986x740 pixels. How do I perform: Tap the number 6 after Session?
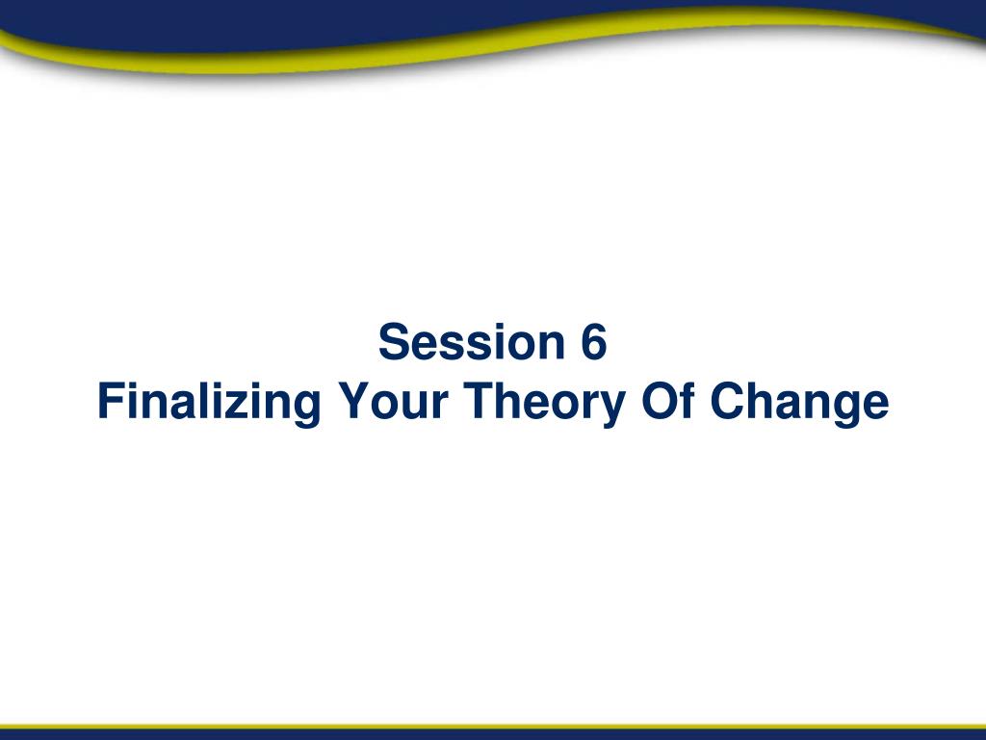[x=593, y=342]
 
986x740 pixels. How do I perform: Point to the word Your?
[x=393, y=401]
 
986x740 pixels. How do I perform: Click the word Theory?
[x=545, y=404]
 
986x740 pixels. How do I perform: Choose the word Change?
[x=799, y=404]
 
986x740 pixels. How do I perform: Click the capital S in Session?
[x=393, y=342]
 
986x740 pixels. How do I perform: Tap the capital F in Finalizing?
[x=111, y=401]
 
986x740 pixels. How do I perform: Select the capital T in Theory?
[x=480, y=401]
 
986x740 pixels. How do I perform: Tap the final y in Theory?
[x=612, y=410]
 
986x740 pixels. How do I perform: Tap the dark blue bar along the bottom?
[x=493, y=733]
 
